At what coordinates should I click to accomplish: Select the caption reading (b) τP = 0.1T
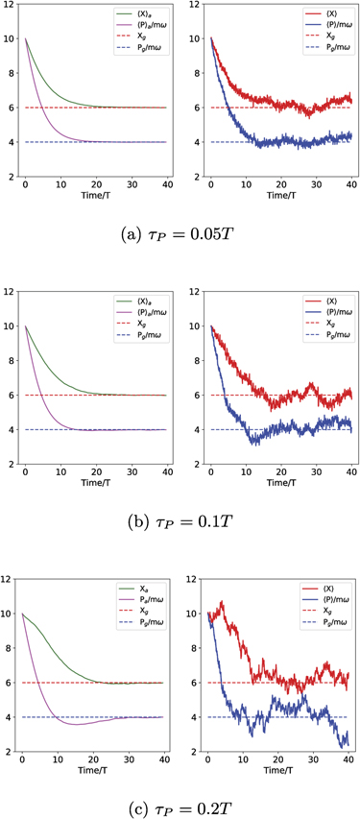tap(180, 523)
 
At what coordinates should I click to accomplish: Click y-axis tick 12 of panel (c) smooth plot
tap(8, 579)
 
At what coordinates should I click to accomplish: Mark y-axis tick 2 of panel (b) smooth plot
tap(8, 464)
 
